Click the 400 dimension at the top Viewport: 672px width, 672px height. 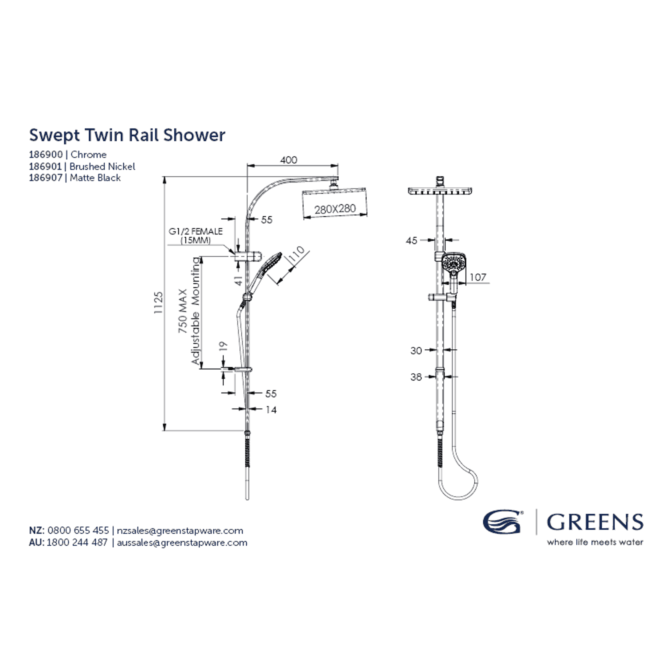pos(288,160)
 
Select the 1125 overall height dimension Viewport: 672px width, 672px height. pos(159,303)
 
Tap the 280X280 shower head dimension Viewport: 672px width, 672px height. pos(335,209)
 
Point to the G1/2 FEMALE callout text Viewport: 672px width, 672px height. pos(195,231)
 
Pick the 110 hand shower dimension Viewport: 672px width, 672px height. pos(297,255)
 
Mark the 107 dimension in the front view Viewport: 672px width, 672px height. pos(478,277)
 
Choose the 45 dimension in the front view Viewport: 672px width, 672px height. pos(411,241)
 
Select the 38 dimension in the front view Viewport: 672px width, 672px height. pos(416,377)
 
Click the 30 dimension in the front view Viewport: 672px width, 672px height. pos(416,350)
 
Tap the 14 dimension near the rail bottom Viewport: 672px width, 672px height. pos(271,410)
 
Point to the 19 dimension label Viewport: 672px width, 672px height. pos(223,346)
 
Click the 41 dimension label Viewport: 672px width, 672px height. pos(239,280)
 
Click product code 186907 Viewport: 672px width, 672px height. pos(46,178)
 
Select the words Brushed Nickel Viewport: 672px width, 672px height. pos(102,166)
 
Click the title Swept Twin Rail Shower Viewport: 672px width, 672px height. pos(127,135)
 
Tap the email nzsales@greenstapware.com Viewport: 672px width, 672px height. pos(180,530)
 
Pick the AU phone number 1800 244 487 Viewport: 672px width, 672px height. pos(77,542)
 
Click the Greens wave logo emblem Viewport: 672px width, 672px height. pos(502,522)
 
